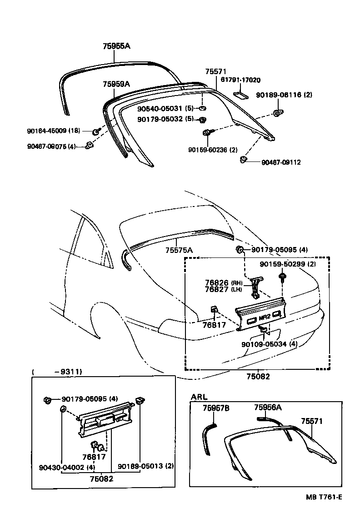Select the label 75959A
point(116,84)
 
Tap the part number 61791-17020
point(240,80)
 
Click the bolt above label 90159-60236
point(207,132)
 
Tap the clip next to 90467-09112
point(244,159)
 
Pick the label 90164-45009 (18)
point(53,131)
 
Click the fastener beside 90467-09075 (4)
point(90,146)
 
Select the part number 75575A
point(179,250)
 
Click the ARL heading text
point(199,397)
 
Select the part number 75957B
point(216,408)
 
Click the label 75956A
point(268,408)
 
